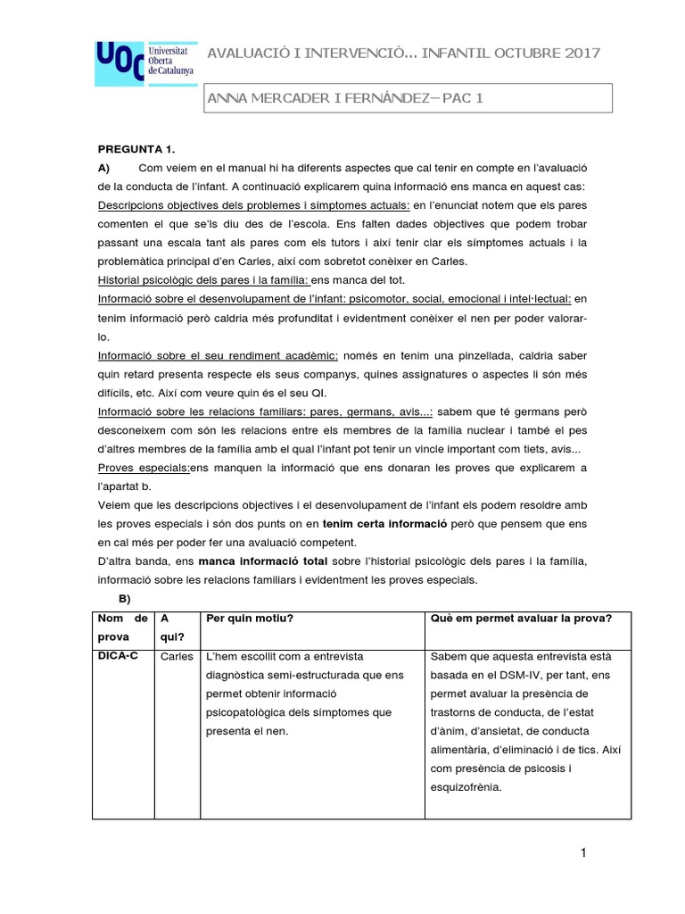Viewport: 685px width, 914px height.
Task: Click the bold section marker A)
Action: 103,168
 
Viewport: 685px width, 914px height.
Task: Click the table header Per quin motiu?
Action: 249,619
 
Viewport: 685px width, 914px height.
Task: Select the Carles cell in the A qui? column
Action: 176,657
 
